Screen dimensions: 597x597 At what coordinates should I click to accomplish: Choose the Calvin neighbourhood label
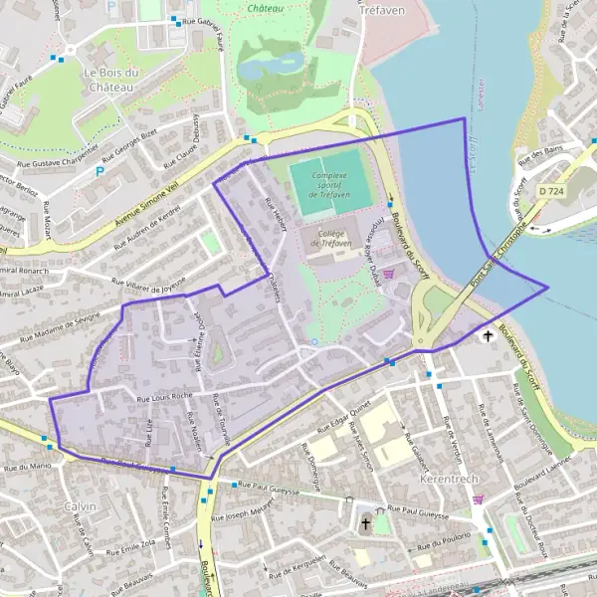(x=80, y=506)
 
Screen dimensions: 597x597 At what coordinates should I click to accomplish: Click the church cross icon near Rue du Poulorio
(x=365, y=521)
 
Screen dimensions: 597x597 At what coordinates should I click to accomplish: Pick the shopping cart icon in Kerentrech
(x=479, y=499)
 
